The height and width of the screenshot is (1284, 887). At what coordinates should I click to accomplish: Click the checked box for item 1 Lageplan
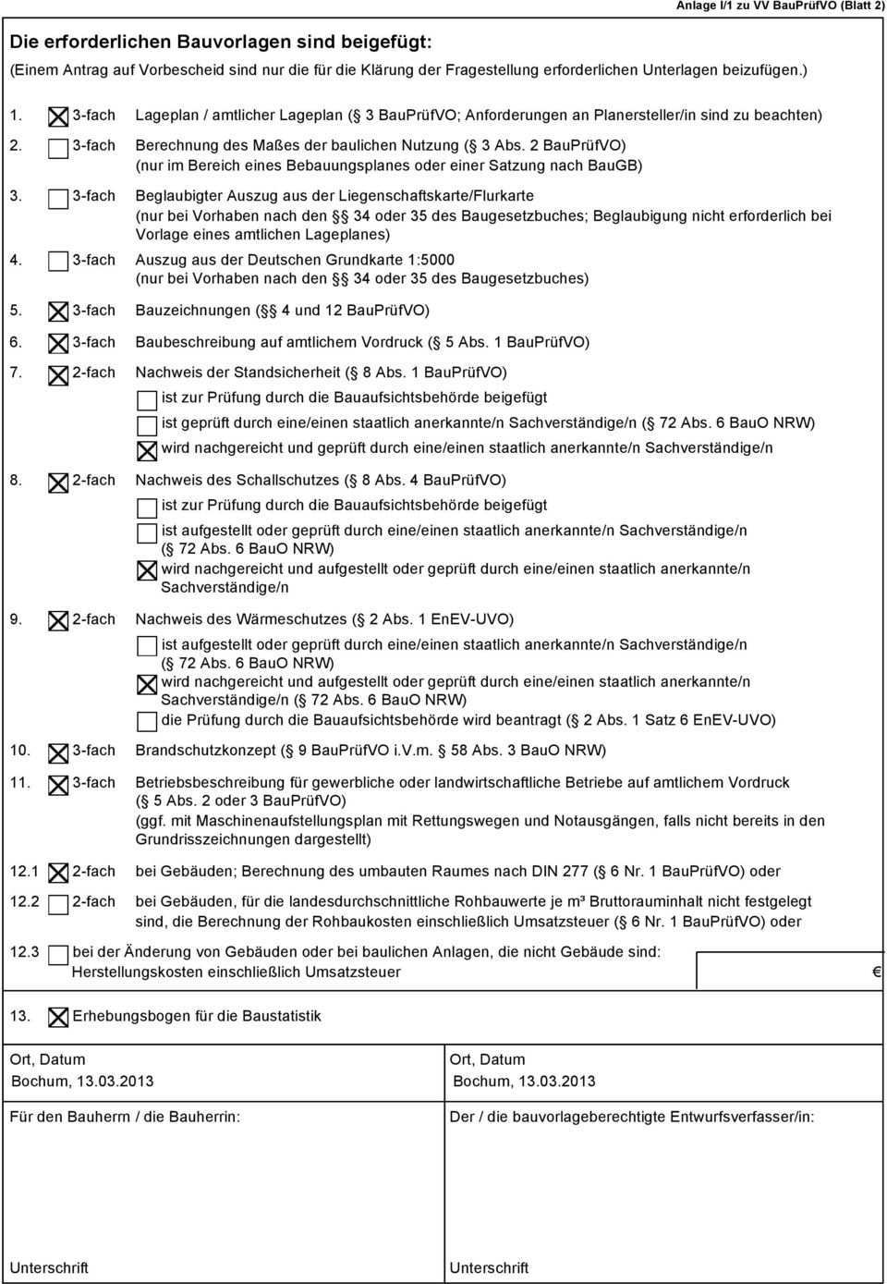click(57, 116)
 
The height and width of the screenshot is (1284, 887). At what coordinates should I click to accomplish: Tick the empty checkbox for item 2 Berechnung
click(57, 148)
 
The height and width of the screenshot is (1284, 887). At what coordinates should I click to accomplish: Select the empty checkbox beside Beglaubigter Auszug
click(57, 198)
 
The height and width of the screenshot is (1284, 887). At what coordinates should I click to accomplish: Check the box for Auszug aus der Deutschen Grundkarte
click(57, 262)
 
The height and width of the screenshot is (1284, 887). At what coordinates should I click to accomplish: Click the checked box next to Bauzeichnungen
click(57, 312)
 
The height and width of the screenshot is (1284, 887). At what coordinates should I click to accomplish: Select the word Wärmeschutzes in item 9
click(291, 619)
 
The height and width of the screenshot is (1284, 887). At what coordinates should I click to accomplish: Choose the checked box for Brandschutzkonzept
click(57, 752)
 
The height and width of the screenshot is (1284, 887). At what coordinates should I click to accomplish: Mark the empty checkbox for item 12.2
click(57, 903)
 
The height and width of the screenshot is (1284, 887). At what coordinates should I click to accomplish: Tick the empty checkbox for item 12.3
click(57, 954)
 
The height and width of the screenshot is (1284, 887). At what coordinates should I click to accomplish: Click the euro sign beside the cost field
click(877, 972)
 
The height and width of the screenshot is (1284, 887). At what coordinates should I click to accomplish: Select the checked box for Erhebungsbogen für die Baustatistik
click(57, 1017)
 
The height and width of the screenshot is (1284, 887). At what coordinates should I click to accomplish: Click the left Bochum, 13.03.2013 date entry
click(82, 1082)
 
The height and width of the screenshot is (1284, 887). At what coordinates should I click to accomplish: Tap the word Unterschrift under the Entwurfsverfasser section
click(489, 1267)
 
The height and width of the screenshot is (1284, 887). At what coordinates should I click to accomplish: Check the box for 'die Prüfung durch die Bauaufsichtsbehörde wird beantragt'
click(147, 721)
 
